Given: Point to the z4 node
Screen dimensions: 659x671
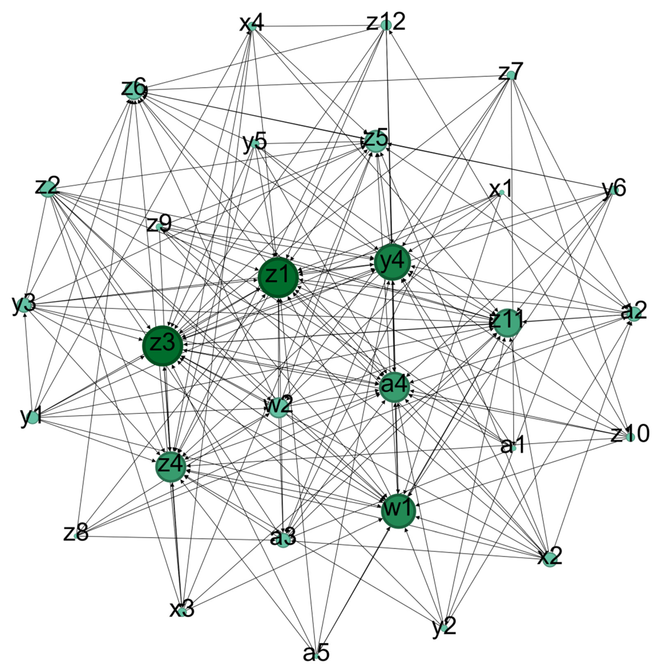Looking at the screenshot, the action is tap(171, 467).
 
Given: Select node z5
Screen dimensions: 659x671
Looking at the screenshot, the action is tap(375, 141).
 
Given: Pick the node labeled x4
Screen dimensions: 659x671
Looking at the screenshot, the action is tap(252, 27).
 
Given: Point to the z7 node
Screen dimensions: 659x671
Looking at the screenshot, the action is tap(511, 75).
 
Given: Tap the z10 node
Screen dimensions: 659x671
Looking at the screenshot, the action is tap(630, 437).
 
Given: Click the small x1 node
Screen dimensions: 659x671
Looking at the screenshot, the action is tap(502, 192).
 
